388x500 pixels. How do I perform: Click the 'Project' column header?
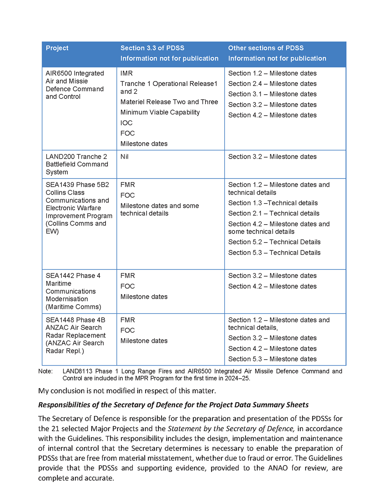click(x=57, y=48)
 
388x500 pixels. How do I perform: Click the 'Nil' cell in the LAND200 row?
click(x=124, y=156)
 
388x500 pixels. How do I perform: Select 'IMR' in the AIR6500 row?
click(x=126, y=73)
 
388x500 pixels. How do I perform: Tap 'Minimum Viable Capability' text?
click(x=160, y=112)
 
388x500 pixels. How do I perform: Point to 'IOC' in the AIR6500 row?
click(x=126, y=123)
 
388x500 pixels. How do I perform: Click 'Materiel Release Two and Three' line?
click(x=169, y=102)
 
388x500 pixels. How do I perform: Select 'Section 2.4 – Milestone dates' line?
click(x=272, y=84)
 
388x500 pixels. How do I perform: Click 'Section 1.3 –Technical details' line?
click(x=273, y=203)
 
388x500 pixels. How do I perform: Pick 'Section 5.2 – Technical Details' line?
click(x=274, y=242)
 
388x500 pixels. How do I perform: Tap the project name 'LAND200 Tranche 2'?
click(x=76, y=156)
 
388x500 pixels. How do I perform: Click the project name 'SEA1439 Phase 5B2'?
click(x=77, y=185)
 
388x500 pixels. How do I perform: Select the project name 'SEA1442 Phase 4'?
click(x=73, y=276)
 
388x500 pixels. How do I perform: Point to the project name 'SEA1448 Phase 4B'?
click(x=75, y=320)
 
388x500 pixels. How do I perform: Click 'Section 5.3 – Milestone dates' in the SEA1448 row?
click(x=272, y=359)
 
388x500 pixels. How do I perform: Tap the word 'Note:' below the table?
click(x=45, y=371)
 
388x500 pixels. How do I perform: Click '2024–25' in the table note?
click(x=238, y=378)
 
